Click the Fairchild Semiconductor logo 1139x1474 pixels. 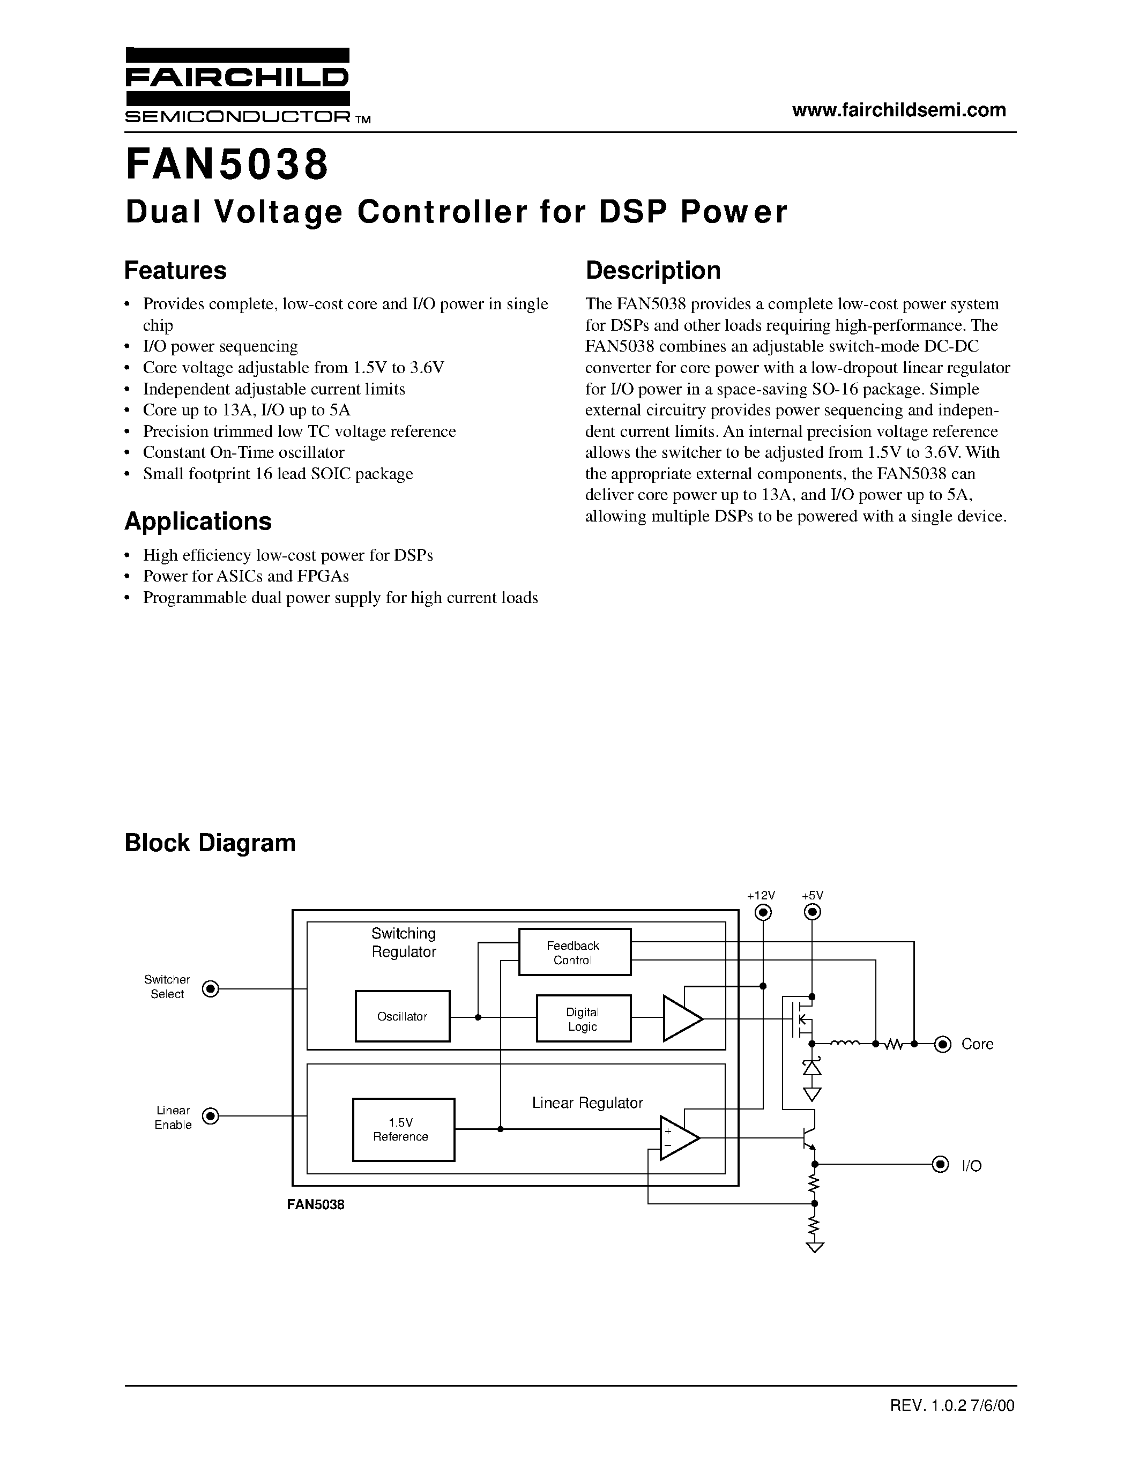(x=237, y=86)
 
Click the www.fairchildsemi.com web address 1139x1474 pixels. (x=899, y=110)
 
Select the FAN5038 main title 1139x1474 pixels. (x=227, y=165)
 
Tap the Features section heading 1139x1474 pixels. (x=175, y=271)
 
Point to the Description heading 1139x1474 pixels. (x=652, y=271)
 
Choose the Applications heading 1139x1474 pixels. (x=198, y=522)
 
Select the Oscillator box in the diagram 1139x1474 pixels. (x=402, y=1016)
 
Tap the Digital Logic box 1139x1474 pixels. (x=583, y=1018)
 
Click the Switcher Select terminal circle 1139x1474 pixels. (x=211, y=989)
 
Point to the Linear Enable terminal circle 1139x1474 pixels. (x=211, y=1116)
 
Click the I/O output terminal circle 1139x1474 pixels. (x=940, y=1164)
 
